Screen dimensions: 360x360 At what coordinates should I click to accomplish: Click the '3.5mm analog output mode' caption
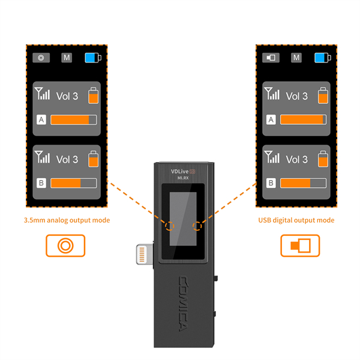[67, 220]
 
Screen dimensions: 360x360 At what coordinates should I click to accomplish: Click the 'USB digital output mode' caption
[296, 220]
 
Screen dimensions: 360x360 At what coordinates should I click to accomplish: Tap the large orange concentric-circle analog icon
[65, 245]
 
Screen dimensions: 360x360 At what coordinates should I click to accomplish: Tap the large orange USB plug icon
[300, 245]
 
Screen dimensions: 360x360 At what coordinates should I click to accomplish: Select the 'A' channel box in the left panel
[41, 120]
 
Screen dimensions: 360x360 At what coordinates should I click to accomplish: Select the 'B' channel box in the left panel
[41, 183]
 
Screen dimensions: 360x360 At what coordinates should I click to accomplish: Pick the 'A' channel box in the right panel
[271, 120]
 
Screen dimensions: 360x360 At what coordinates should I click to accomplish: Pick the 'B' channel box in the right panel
[271, 183]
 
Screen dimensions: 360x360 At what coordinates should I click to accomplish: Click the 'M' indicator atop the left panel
[67, 58]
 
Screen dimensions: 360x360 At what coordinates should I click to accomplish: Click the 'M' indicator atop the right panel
[296, 58]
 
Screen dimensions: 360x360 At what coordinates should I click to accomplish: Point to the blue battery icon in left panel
[92, 58]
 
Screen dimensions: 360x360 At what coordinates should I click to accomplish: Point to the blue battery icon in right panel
[322, 58]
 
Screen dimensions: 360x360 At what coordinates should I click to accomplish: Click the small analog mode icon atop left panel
[41, 58]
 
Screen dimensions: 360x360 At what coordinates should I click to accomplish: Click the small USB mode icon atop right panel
[271, 58]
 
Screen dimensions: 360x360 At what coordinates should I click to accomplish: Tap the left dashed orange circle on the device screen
[170, 226]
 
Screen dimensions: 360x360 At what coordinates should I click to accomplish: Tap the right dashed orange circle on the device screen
[198, 226]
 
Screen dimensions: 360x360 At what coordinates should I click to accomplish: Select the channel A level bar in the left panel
[73, 120]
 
